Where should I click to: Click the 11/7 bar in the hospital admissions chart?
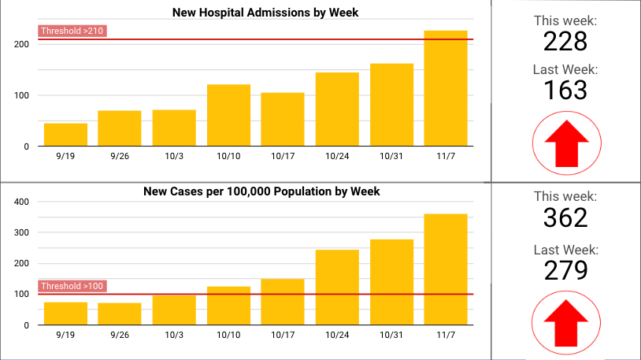pos(446,88)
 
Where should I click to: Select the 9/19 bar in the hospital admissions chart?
pos(65,135)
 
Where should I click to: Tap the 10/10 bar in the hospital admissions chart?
pos(228,115)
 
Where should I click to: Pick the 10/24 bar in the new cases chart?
pos(337,288)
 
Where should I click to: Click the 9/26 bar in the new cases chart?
pos(120,314)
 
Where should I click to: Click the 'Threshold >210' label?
pos(72,32)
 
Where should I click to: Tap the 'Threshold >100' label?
pos(72,286)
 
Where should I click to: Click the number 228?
pos(565,41)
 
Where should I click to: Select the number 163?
pos(565,90)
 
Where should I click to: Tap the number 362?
pos(565,217)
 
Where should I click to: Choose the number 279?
pos(565,269)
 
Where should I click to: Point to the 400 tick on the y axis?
pos(22,202)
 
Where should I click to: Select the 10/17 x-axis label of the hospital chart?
pos(283,157)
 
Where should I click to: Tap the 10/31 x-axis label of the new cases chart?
pos(391,336)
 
